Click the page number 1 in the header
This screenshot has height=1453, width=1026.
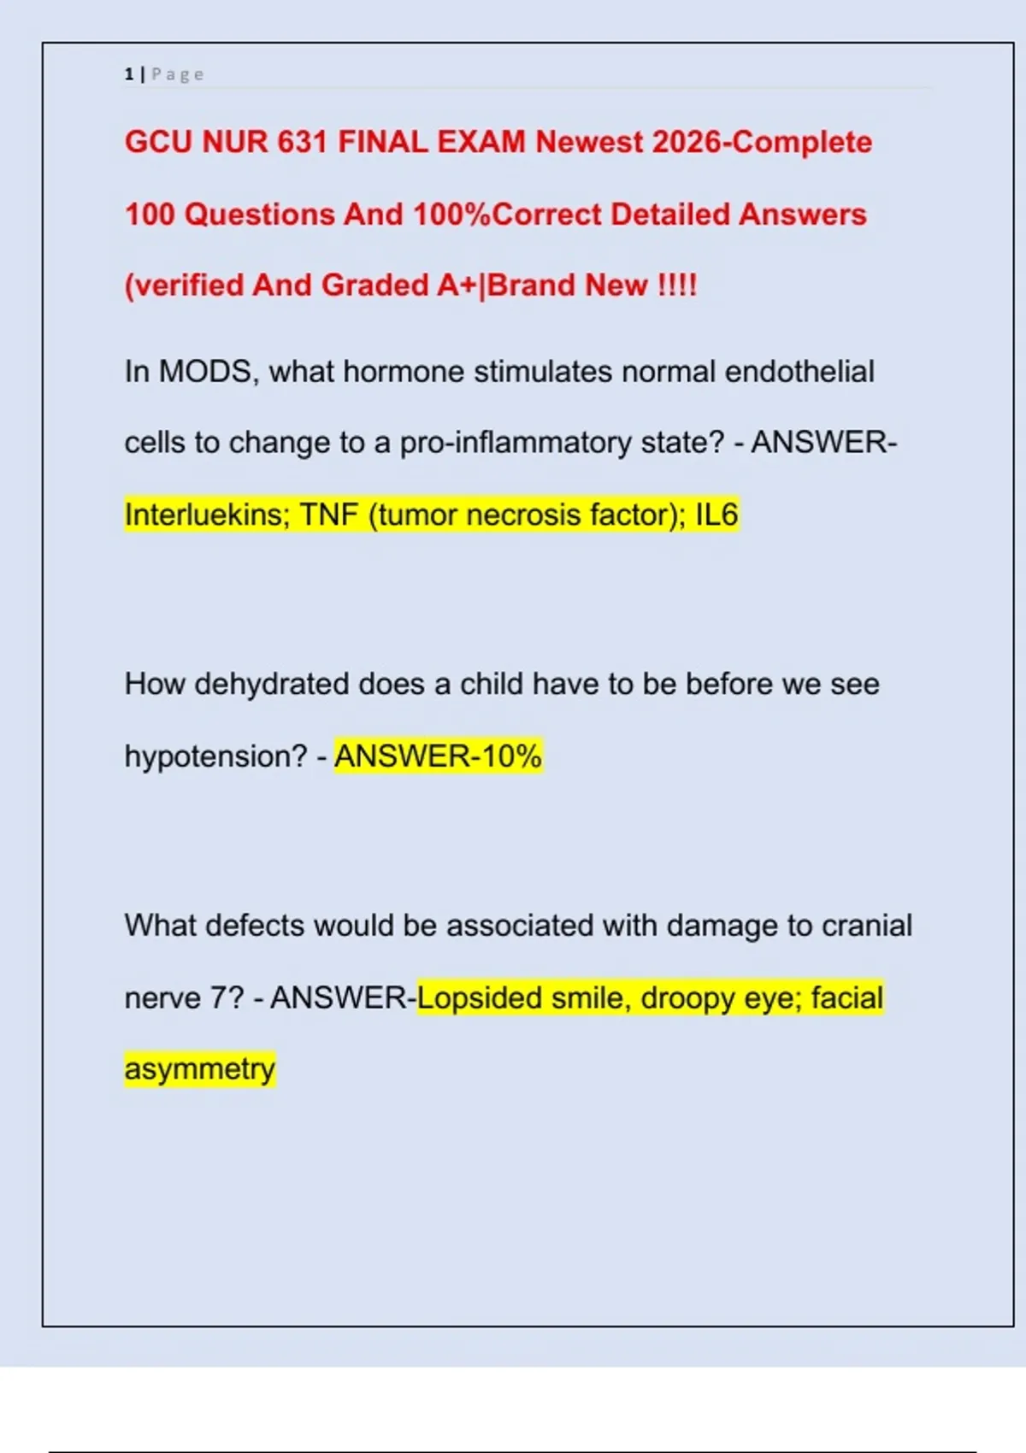click(x=129, y=74)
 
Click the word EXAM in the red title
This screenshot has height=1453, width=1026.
click(x=481, y=142)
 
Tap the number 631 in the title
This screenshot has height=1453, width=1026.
click(x=303, y=142)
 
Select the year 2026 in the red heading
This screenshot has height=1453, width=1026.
click(x=687, y=142)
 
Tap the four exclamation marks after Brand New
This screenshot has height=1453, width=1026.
click(x=677, y=285)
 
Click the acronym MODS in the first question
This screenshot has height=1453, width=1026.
click(x=205, y=372)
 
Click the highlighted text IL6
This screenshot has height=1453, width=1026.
click(x=716, y=515)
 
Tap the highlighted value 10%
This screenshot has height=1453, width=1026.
click(x=511, y=756)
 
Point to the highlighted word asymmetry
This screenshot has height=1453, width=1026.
click(x=200, y=1069)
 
